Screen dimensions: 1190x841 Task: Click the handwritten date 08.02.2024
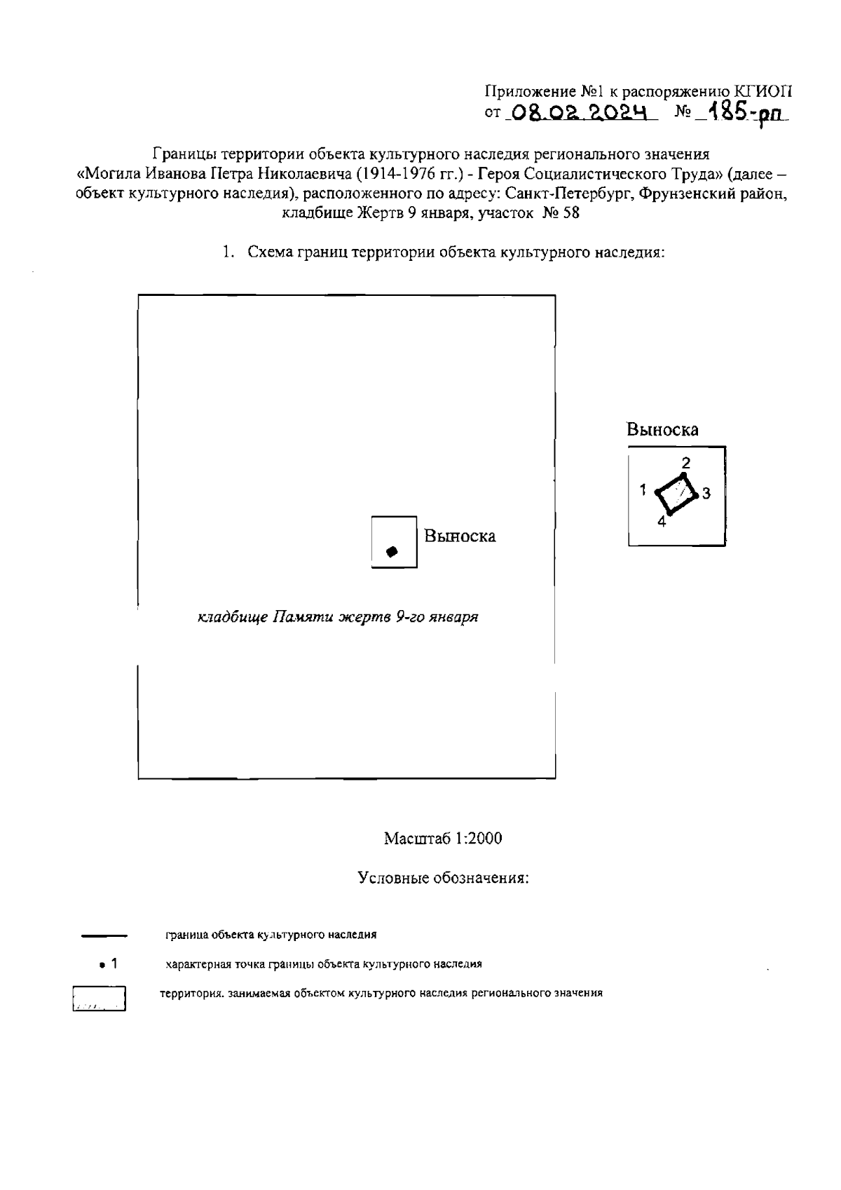point(579,112)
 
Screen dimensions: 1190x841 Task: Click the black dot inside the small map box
point(392,551)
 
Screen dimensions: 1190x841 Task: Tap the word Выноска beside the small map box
point(460,536)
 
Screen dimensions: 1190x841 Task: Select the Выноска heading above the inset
point(662,429)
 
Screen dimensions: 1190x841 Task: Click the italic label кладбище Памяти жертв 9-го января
point(338,618)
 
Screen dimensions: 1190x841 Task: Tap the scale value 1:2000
point(479,839)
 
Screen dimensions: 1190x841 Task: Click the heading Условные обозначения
point(442,878)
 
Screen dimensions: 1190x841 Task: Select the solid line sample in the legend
point(104,935)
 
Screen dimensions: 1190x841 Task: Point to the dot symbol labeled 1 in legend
point(102,965)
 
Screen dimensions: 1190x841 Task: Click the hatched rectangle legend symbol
point(99,999)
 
